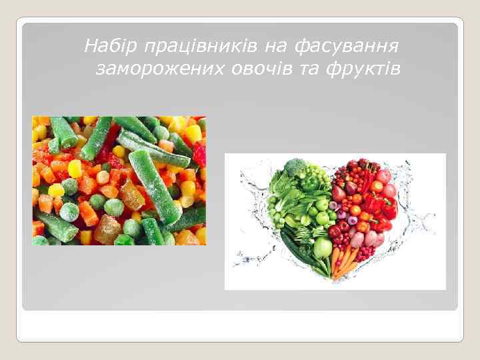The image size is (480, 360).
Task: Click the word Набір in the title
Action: coord(105,46)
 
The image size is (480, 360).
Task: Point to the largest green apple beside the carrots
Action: coord(323,248)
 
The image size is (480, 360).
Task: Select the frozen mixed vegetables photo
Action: coord(119,181)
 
